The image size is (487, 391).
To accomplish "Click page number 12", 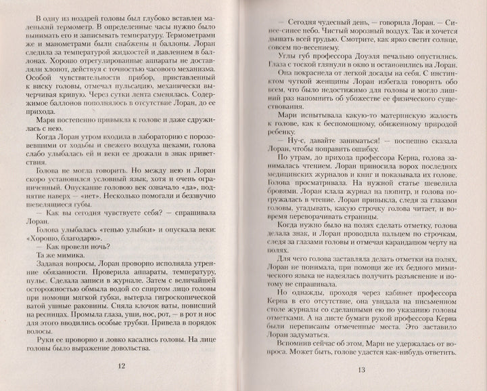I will tap(122, 366).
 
